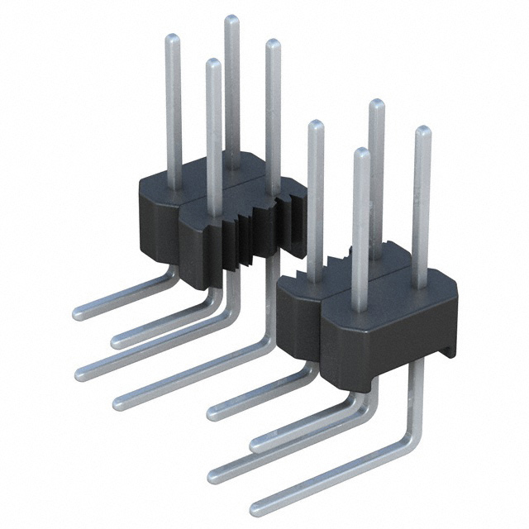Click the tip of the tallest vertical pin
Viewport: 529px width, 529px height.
[232, 20]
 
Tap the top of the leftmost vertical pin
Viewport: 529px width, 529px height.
[173, 39]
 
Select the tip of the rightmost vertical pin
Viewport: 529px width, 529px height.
[422, 131]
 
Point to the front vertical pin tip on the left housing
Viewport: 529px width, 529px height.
[213, 64]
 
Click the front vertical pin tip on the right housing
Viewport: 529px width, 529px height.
[360, 154]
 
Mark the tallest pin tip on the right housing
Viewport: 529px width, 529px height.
[376, 104]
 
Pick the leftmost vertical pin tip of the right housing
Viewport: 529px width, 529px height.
[315, 126]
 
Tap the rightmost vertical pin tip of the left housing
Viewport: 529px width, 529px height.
[272, 45]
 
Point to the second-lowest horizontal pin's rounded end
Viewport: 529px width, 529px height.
[213, 474]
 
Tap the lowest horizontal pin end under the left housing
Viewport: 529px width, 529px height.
[118, 403]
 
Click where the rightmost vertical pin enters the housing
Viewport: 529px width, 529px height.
[421, 285]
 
